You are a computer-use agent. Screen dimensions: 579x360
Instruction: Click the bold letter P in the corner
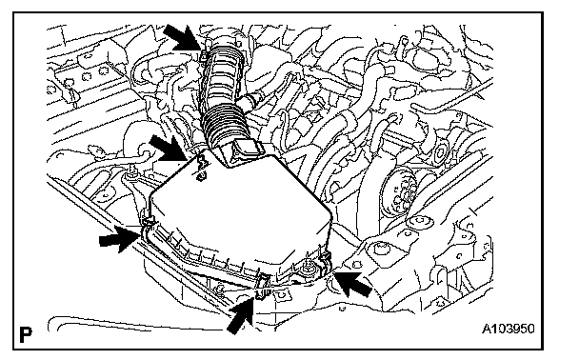(x=25, y=335)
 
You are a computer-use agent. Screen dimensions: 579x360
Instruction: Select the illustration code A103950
(x=509, y=329)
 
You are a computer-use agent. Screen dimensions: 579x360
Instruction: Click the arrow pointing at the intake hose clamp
(x=183, y=38)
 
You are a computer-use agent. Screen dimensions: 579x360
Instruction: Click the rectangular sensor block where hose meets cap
(x=243, y=152)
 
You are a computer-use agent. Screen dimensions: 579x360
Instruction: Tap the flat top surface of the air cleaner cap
(x=240, y=207)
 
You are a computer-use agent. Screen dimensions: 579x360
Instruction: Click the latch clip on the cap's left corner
(x=148, y=223)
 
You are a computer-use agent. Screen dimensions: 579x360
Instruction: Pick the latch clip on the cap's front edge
(x=263, y=286)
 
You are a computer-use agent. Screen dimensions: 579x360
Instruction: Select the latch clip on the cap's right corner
(x=324, y=261)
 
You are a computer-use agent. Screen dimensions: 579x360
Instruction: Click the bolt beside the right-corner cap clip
(x=308, y=267)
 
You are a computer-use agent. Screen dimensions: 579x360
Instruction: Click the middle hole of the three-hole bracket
(x=88, y=76)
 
